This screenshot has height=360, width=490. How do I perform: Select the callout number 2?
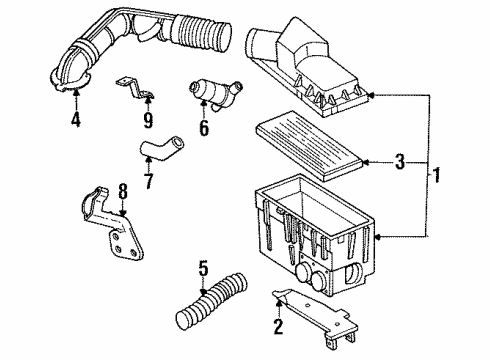click(x=278, y=325)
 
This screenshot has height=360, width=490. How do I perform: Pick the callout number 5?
click(x=203, y=269)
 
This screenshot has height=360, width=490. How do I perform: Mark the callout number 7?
click(x=148, y=183)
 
